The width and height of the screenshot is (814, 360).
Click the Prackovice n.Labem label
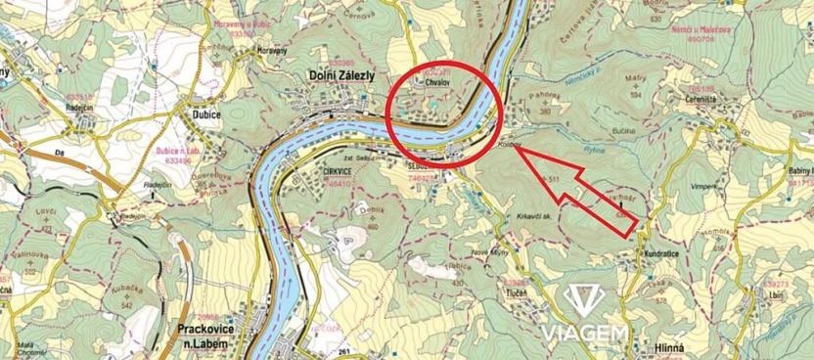[x=211, y=334]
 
